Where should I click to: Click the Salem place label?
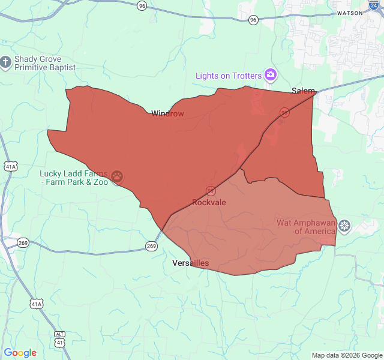click(303, 91)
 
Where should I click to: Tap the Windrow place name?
click(167, 113)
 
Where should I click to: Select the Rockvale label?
click(209, 202)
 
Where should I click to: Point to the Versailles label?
click(190, 263)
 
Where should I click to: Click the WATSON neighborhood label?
click(350, 13)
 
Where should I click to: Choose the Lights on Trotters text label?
click(229, 76)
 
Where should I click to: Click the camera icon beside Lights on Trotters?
click(271, 75)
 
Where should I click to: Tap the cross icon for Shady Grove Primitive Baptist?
click(6, 62)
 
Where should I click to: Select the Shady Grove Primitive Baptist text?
click(44, 63)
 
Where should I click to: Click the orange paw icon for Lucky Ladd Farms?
click(118, 177)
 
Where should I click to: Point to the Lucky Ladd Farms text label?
click(74, 178)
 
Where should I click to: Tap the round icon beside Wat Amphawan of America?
click(344, 226)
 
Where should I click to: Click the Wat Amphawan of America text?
click(306, 227)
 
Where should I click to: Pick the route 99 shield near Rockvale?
click(211, 191)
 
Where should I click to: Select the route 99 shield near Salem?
click(284, 112)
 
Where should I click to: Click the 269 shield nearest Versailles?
click(151, 246)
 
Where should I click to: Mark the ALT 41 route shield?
click(59, 338)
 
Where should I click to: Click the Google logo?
click(20, 353)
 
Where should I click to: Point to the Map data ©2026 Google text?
click(347, 355)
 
